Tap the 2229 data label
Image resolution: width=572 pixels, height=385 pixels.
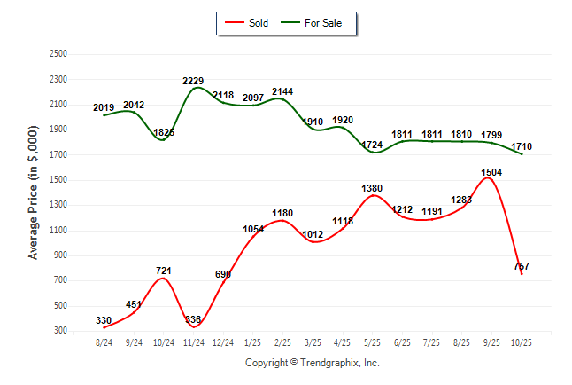[193, 81]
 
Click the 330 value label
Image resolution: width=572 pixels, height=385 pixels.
[104, 320]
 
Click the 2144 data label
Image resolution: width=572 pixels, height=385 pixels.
[282, 91]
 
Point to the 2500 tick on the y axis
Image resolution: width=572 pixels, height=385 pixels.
[59, 54]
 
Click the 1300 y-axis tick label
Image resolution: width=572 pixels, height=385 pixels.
[59, 205]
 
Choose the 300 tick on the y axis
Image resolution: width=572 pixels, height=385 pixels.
[61, 331]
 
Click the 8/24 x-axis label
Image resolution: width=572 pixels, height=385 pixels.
[104, 342]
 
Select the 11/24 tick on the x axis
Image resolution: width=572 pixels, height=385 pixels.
[193, 342]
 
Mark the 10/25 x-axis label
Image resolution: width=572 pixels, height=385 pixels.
[522, 342]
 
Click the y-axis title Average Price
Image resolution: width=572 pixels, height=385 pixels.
[34, 192]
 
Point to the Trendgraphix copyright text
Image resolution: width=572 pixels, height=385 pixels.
[312, 363]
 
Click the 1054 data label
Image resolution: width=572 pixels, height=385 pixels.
[254, 230]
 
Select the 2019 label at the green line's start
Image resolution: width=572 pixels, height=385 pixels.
[104, 107]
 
